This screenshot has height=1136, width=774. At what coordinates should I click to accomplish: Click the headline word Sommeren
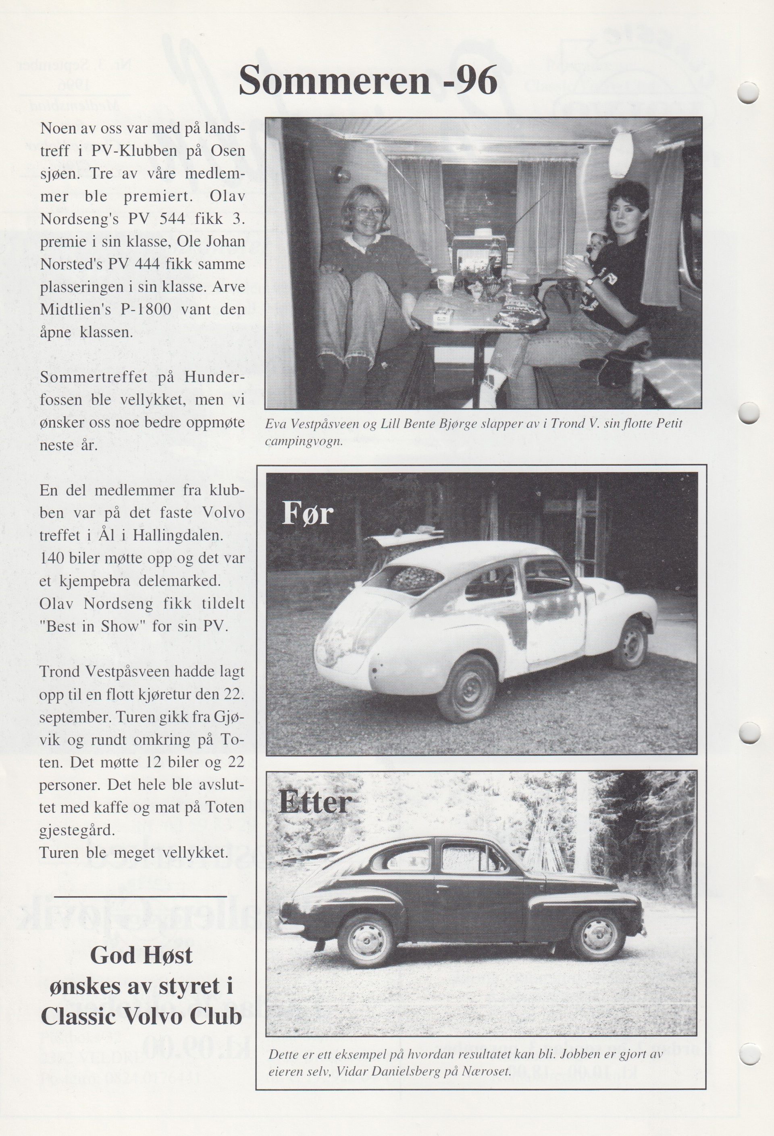pos(333,80)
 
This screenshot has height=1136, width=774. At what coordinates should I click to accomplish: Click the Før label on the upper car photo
pos(308,513)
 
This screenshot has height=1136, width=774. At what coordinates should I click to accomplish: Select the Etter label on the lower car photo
pos(315,802)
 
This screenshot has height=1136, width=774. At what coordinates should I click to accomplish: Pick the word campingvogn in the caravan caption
pos(303,442)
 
